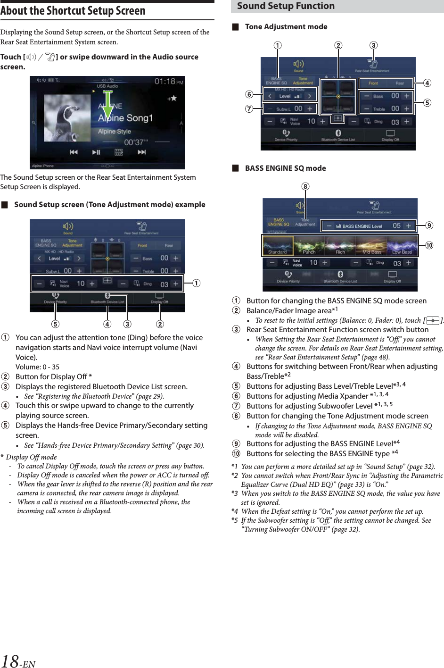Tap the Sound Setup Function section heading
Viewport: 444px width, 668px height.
(286, 6)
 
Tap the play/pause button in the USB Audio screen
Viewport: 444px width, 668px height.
(96, 152)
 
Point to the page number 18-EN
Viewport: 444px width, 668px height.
(18, 660)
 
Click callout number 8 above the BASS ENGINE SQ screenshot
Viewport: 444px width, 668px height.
(305, 186)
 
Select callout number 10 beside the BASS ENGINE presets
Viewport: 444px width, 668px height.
(429, 245)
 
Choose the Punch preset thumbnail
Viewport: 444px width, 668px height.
(309, 245)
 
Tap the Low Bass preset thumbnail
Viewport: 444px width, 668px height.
(402, 245)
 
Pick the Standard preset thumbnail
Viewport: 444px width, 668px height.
(278, 245)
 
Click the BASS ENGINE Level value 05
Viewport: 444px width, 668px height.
(396, 226)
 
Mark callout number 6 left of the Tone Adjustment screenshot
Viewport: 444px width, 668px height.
(249, 94)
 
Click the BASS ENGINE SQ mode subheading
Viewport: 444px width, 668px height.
(285, 168)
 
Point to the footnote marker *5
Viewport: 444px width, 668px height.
(234, 520)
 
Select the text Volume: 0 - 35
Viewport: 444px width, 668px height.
(38, 367)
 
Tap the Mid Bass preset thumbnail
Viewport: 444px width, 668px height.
(371, 245)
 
